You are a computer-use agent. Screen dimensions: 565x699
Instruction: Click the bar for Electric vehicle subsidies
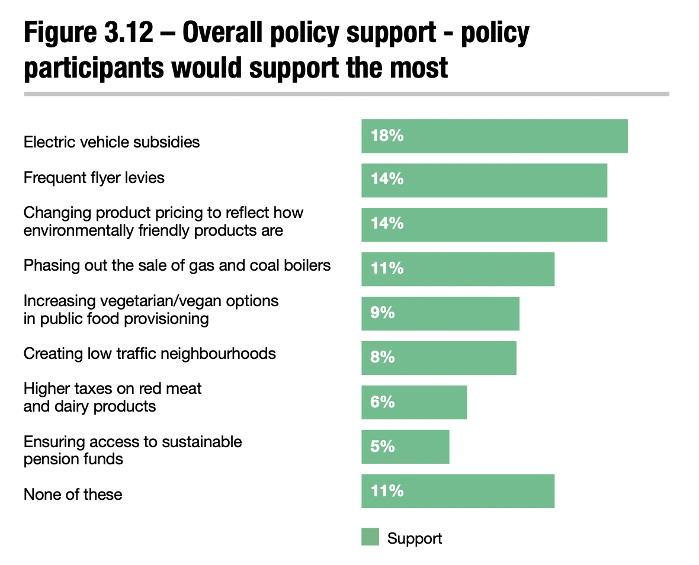click(494, 136)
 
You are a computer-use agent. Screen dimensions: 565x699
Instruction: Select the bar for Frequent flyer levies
click(484, 180)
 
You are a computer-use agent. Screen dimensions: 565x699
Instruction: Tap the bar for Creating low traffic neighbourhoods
click(438, 358)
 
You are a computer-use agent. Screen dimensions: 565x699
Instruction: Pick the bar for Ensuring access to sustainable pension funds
click(405, 447)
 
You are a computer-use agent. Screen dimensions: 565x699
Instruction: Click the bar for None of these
click(457, 491)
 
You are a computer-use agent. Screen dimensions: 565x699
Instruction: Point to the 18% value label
click(387, 136)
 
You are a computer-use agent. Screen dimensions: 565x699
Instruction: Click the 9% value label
click(383, 313)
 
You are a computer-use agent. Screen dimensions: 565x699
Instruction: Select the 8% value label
click(383, 357)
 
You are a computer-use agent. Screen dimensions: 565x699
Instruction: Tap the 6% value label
click(383, 402)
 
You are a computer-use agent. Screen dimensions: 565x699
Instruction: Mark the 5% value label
click(383, 446)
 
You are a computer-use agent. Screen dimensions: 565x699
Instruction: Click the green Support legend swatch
click(370, 537)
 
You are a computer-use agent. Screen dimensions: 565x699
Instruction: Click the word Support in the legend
click(415, 538)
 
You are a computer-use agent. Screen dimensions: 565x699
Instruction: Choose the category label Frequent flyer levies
click(94, 178)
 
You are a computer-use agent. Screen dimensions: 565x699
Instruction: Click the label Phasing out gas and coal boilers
click(177, 265)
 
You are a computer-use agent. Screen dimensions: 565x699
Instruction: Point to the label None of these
click(73, 495)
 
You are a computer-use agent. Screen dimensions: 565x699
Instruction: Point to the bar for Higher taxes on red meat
click(414, 402)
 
